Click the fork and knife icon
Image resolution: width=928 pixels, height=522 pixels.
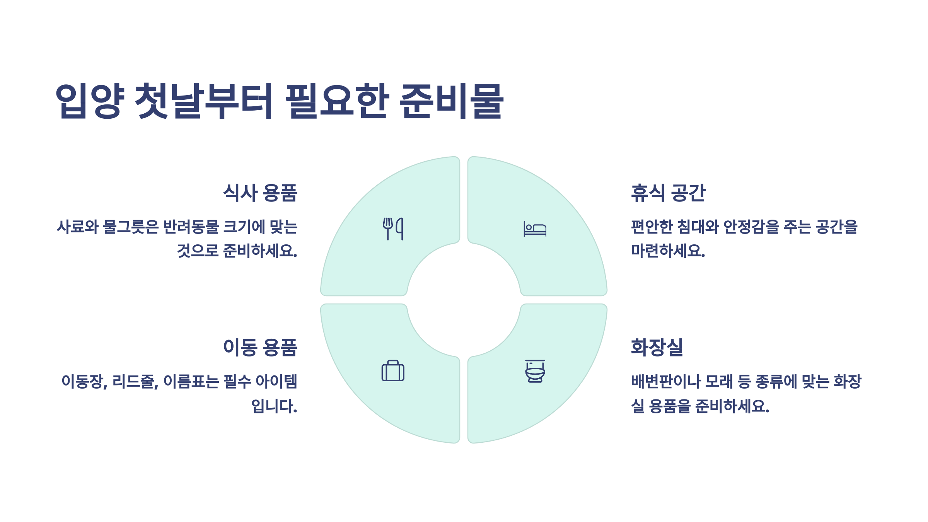point(393,229)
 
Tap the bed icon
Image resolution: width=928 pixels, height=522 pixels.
point(535,229)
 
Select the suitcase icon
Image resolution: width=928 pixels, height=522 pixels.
point(393,371)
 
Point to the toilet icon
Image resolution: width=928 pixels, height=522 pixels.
point(535,371)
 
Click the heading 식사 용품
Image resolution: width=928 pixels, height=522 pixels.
point(260,193)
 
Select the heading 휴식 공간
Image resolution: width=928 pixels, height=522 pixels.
point(668,193)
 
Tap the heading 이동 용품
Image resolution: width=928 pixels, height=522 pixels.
point(260,347)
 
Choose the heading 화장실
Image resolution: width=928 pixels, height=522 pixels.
point(657,347)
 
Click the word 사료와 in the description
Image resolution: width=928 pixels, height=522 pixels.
point(78,227)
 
